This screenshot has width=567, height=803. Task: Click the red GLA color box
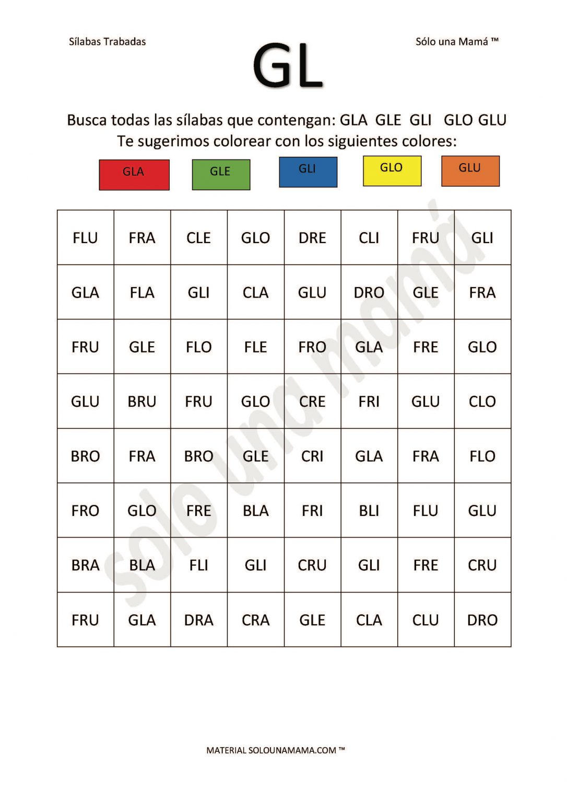click(x=134, y=175)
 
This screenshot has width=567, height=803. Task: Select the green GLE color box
click(x=221, y=174)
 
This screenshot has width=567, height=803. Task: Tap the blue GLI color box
click(x=308, y=171)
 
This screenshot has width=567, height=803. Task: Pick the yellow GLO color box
click(x=392, y=170)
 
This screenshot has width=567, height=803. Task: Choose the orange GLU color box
click(x=470, y=170)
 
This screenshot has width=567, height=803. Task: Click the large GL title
click(x=288, y=66)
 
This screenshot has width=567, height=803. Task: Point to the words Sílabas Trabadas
click(x=107, y=42)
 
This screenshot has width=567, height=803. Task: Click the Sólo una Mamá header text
click(x=457, y=42)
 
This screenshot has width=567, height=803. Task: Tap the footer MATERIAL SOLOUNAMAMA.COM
click(x=276, y=750)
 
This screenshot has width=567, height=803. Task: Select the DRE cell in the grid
click(x=312, y=238)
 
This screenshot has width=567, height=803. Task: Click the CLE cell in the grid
click(x=198, y=238)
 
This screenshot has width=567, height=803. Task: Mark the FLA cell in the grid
click(x=142, y=292)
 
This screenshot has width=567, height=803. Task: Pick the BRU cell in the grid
click(x=142, y=401)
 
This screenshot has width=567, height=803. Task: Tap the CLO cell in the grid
click(x=482, y=401)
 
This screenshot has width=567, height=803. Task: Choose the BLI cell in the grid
click(x=369, y=511)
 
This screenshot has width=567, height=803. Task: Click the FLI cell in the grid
click(x=198, y=565)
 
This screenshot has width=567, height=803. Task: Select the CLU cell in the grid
click(x=426, y=620)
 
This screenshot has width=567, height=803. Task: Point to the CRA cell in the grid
click(x=255, y=620)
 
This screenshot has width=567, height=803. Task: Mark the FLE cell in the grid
click(x=255, y=347)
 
